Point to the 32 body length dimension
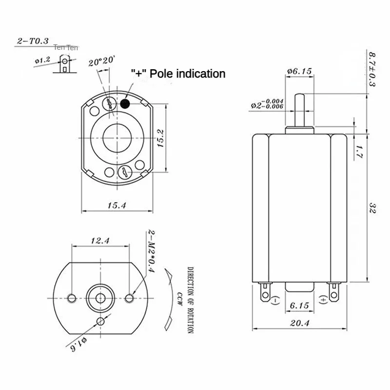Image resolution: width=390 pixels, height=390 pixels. click(x=372, y=210)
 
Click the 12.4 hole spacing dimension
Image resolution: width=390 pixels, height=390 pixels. click(x=99, y=240)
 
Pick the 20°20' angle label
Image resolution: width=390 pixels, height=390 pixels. click(x=102, y=61)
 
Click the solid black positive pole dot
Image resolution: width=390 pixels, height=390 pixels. click(x=125, y=103)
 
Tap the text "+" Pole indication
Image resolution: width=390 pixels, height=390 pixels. click(x=178, y=74)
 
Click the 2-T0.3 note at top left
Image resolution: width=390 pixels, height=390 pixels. click(x=33, y=41)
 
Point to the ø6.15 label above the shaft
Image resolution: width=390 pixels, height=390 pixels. click(x=299, y=71)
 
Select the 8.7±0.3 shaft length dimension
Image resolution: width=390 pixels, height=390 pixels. click(x=371, y=69)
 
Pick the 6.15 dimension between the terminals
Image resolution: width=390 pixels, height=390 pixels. click(x=298, y=306)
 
